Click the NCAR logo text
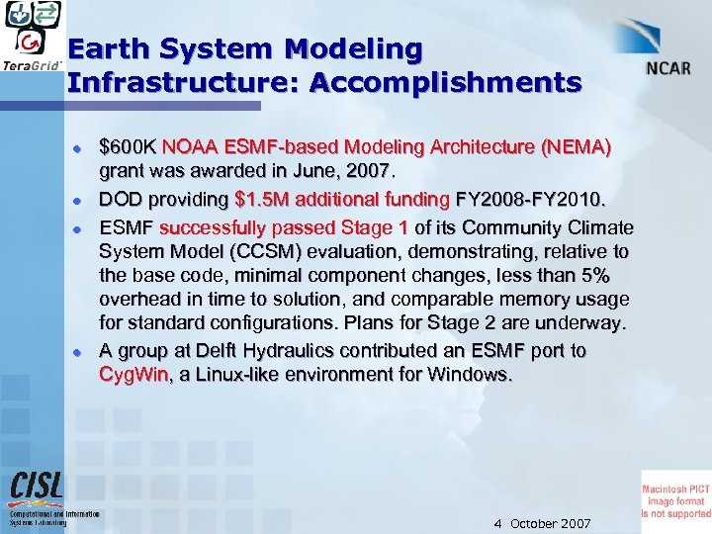coord(668,69)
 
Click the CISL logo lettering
coord(37,487)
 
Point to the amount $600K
coord(129,147)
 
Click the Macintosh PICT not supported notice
coord(676,494)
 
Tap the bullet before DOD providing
coord(76,200)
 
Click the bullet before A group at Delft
coord(76,352)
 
